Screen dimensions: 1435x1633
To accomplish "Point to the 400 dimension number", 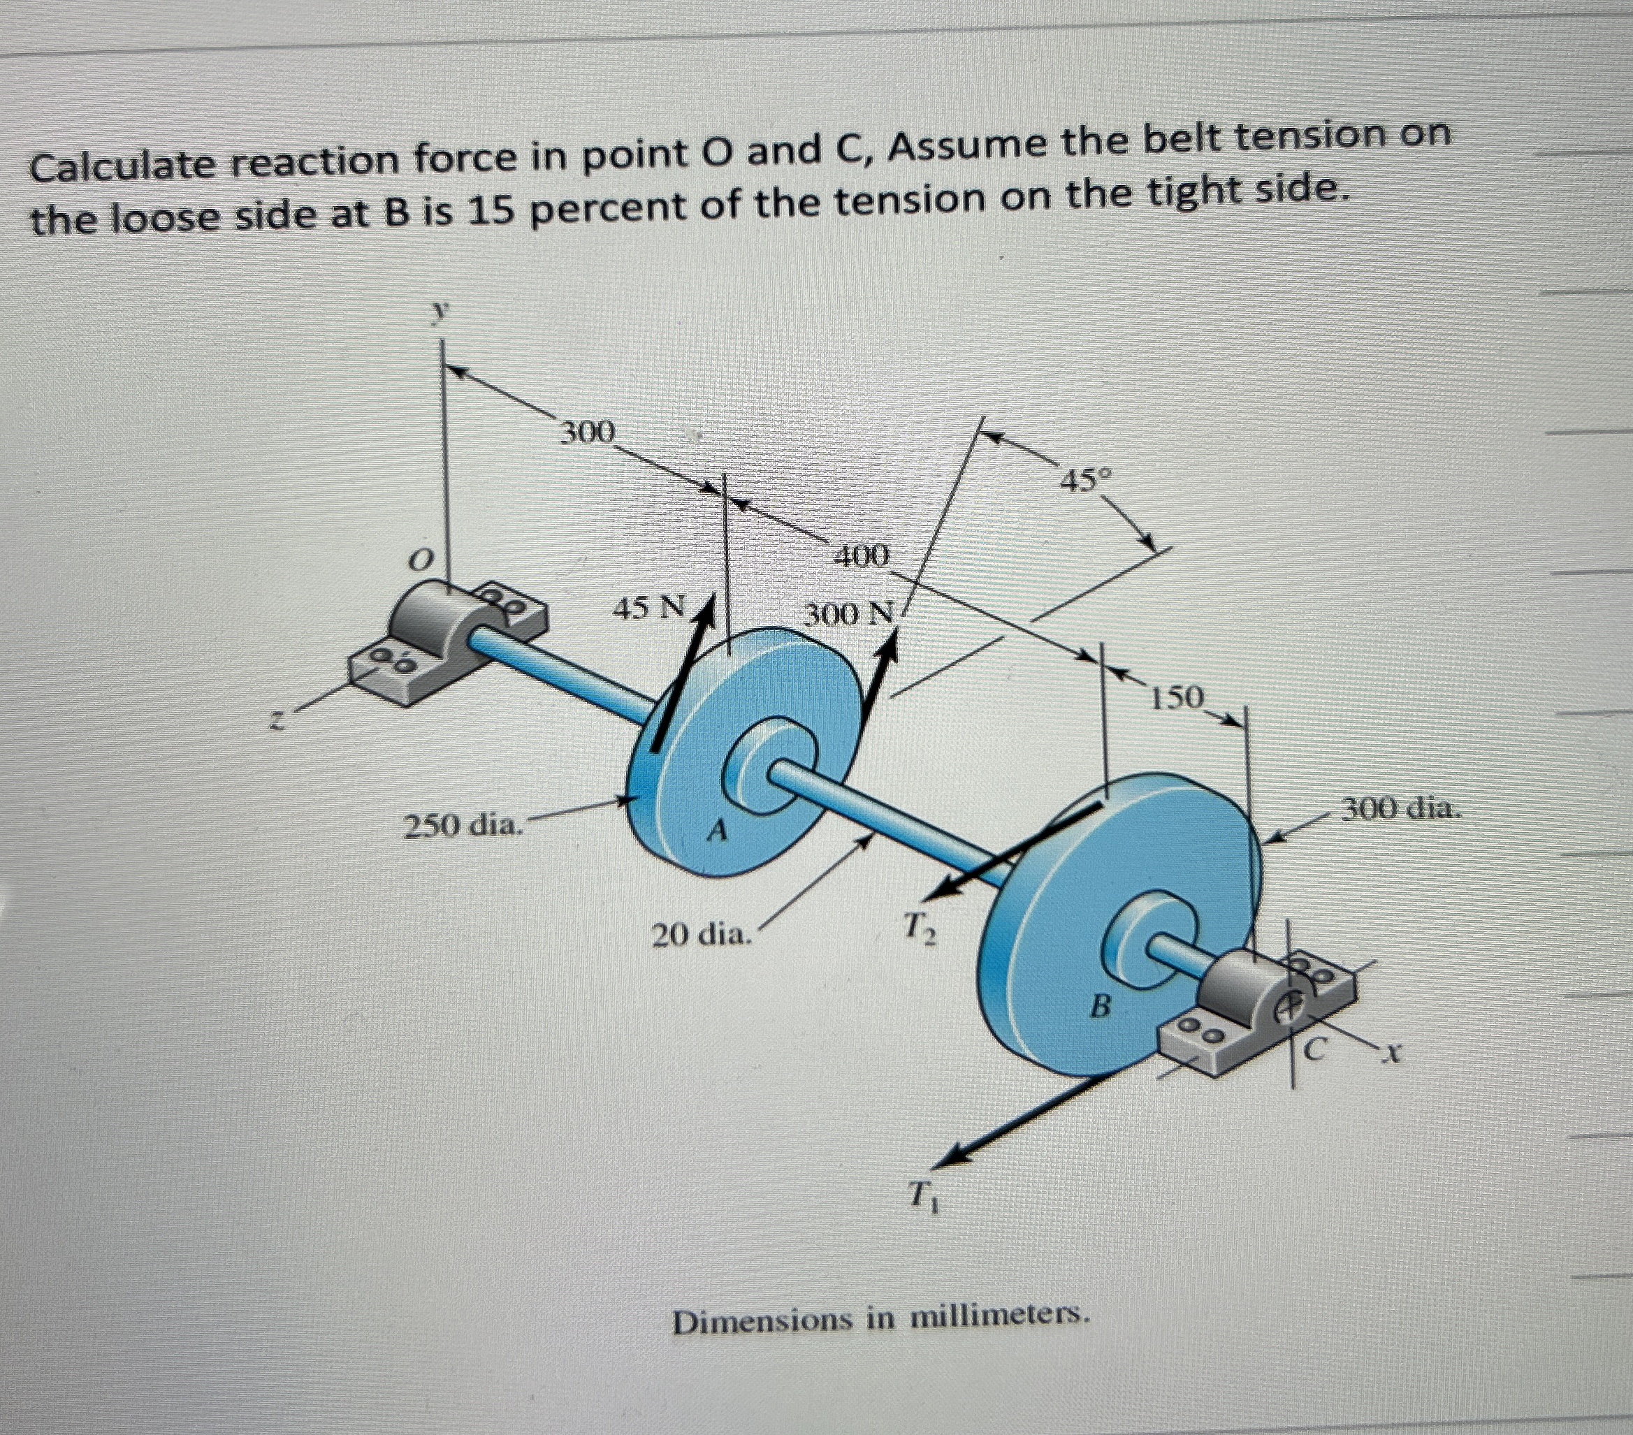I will [860, 555].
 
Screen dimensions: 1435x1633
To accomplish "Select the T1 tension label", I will [924, 1197].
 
